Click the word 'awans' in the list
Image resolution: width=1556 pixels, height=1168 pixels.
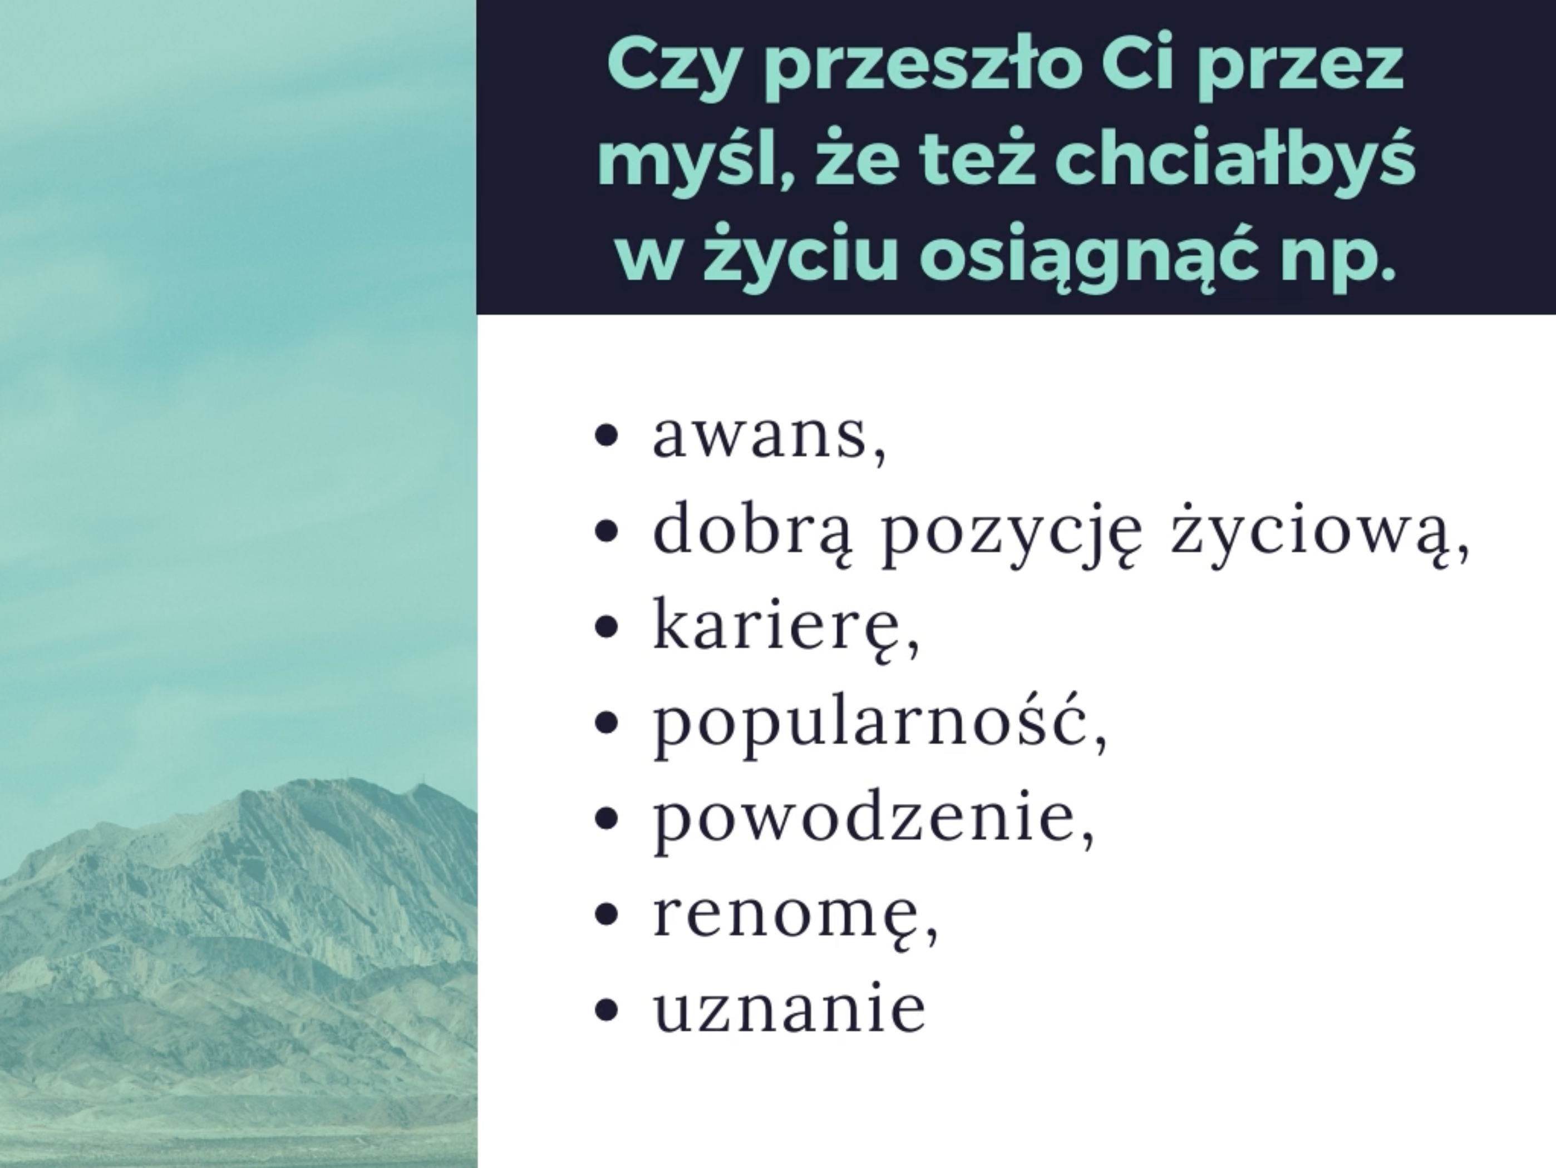tap(760, 436)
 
